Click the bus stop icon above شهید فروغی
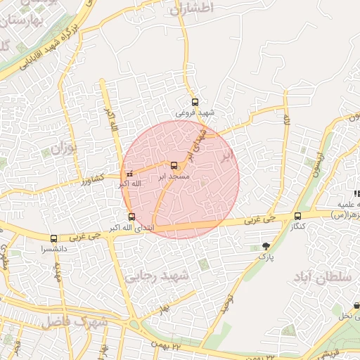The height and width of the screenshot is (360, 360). tap(195, 101)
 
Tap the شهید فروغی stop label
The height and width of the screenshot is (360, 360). tap(195, 112)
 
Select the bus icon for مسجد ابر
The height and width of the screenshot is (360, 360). tap(174, 165)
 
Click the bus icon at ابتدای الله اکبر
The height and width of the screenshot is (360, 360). tap(131, 217)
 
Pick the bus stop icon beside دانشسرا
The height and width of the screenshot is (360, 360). tap(54, 239)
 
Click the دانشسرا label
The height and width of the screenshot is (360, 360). tap(53, 249)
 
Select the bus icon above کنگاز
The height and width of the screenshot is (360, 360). tap(298, 216)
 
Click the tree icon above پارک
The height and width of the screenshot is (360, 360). tap(266, 245)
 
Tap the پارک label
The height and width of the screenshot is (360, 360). tap(266, 257)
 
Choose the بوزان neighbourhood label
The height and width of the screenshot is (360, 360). tap(62, 149)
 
